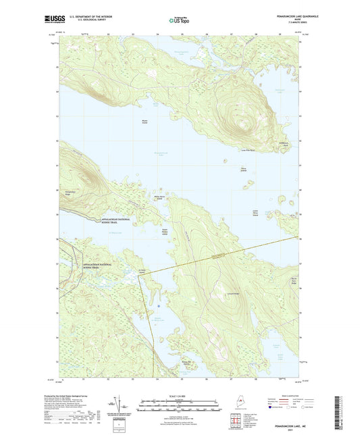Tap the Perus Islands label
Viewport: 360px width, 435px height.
coord(245,169)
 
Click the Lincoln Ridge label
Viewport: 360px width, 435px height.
coord(216,294)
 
